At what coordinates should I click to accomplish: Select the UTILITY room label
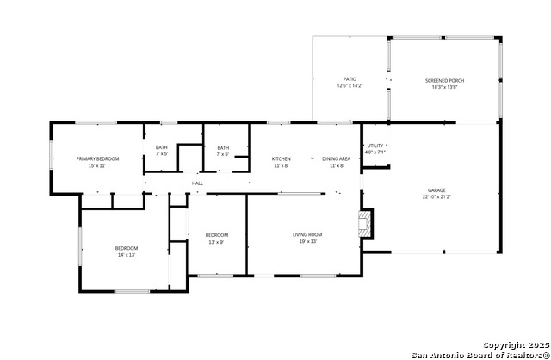[375, 146]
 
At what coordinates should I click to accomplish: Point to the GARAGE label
[436, 190]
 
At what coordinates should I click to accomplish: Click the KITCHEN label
[282, 158]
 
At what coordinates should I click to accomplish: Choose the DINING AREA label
[336, 158]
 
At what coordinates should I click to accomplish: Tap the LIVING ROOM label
[307, 234]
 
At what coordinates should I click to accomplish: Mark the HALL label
[197, 183]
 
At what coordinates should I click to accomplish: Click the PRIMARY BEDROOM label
[97, 158]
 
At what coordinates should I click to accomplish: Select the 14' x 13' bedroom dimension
[127, 255]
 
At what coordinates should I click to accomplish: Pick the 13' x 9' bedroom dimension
[216, 242]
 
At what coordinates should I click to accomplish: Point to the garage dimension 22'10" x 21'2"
[436, 197]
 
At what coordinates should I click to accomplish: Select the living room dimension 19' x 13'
[307, 241]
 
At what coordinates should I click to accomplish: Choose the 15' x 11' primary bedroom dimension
[97, 165]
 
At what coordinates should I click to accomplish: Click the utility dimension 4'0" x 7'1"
[375, 152]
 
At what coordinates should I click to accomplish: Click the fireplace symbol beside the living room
[367, 224]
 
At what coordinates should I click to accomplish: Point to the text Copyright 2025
[515, 344]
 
